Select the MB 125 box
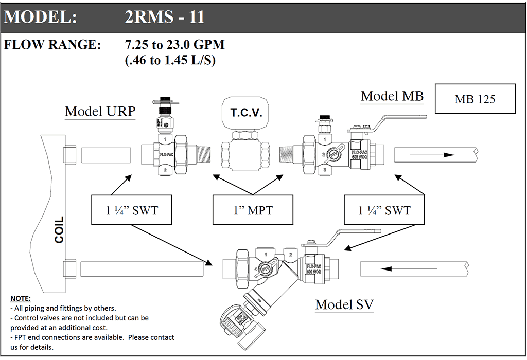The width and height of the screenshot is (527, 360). pyautogui.click(x=475, y=99)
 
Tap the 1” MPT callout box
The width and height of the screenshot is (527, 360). pyautogui.click(x=253, y=210)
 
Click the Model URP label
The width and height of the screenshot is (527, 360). pyautogui.click(x=100, y=112)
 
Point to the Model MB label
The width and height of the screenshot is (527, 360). pyautogui.click(x=392, y=96)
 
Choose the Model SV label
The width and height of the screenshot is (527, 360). pyautogui.click(x=344, y=304)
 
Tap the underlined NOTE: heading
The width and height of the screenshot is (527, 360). pyautogui.click(x=21, y=299)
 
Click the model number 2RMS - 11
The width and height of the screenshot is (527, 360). pyautogui.click(x=165, y=17)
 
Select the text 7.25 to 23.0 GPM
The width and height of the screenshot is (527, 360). pyautogui.click(x=175, y=45)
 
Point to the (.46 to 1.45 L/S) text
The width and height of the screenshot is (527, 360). pyautogui.click(x=170, y=60)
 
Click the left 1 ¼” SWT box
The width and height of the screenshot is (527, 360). pyautogui.click(x=131, y=210)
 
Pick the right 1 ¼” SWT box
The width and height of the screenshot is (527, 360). pyautogui.click(x=384, y=210)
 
